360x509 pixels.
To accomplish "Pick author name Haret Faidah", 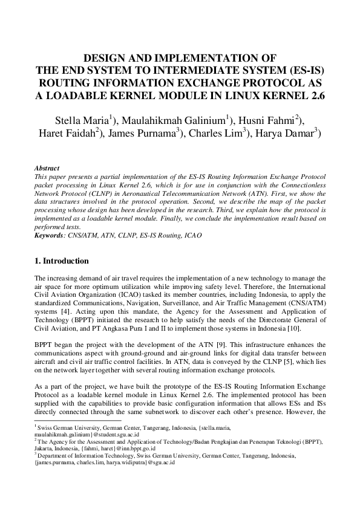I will click(x=65, y=134).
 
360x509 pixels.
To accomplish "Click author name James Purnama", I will click(x=144, y=134).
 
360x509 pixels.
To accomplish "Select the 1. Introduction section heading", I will click(x=62, y=261).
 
